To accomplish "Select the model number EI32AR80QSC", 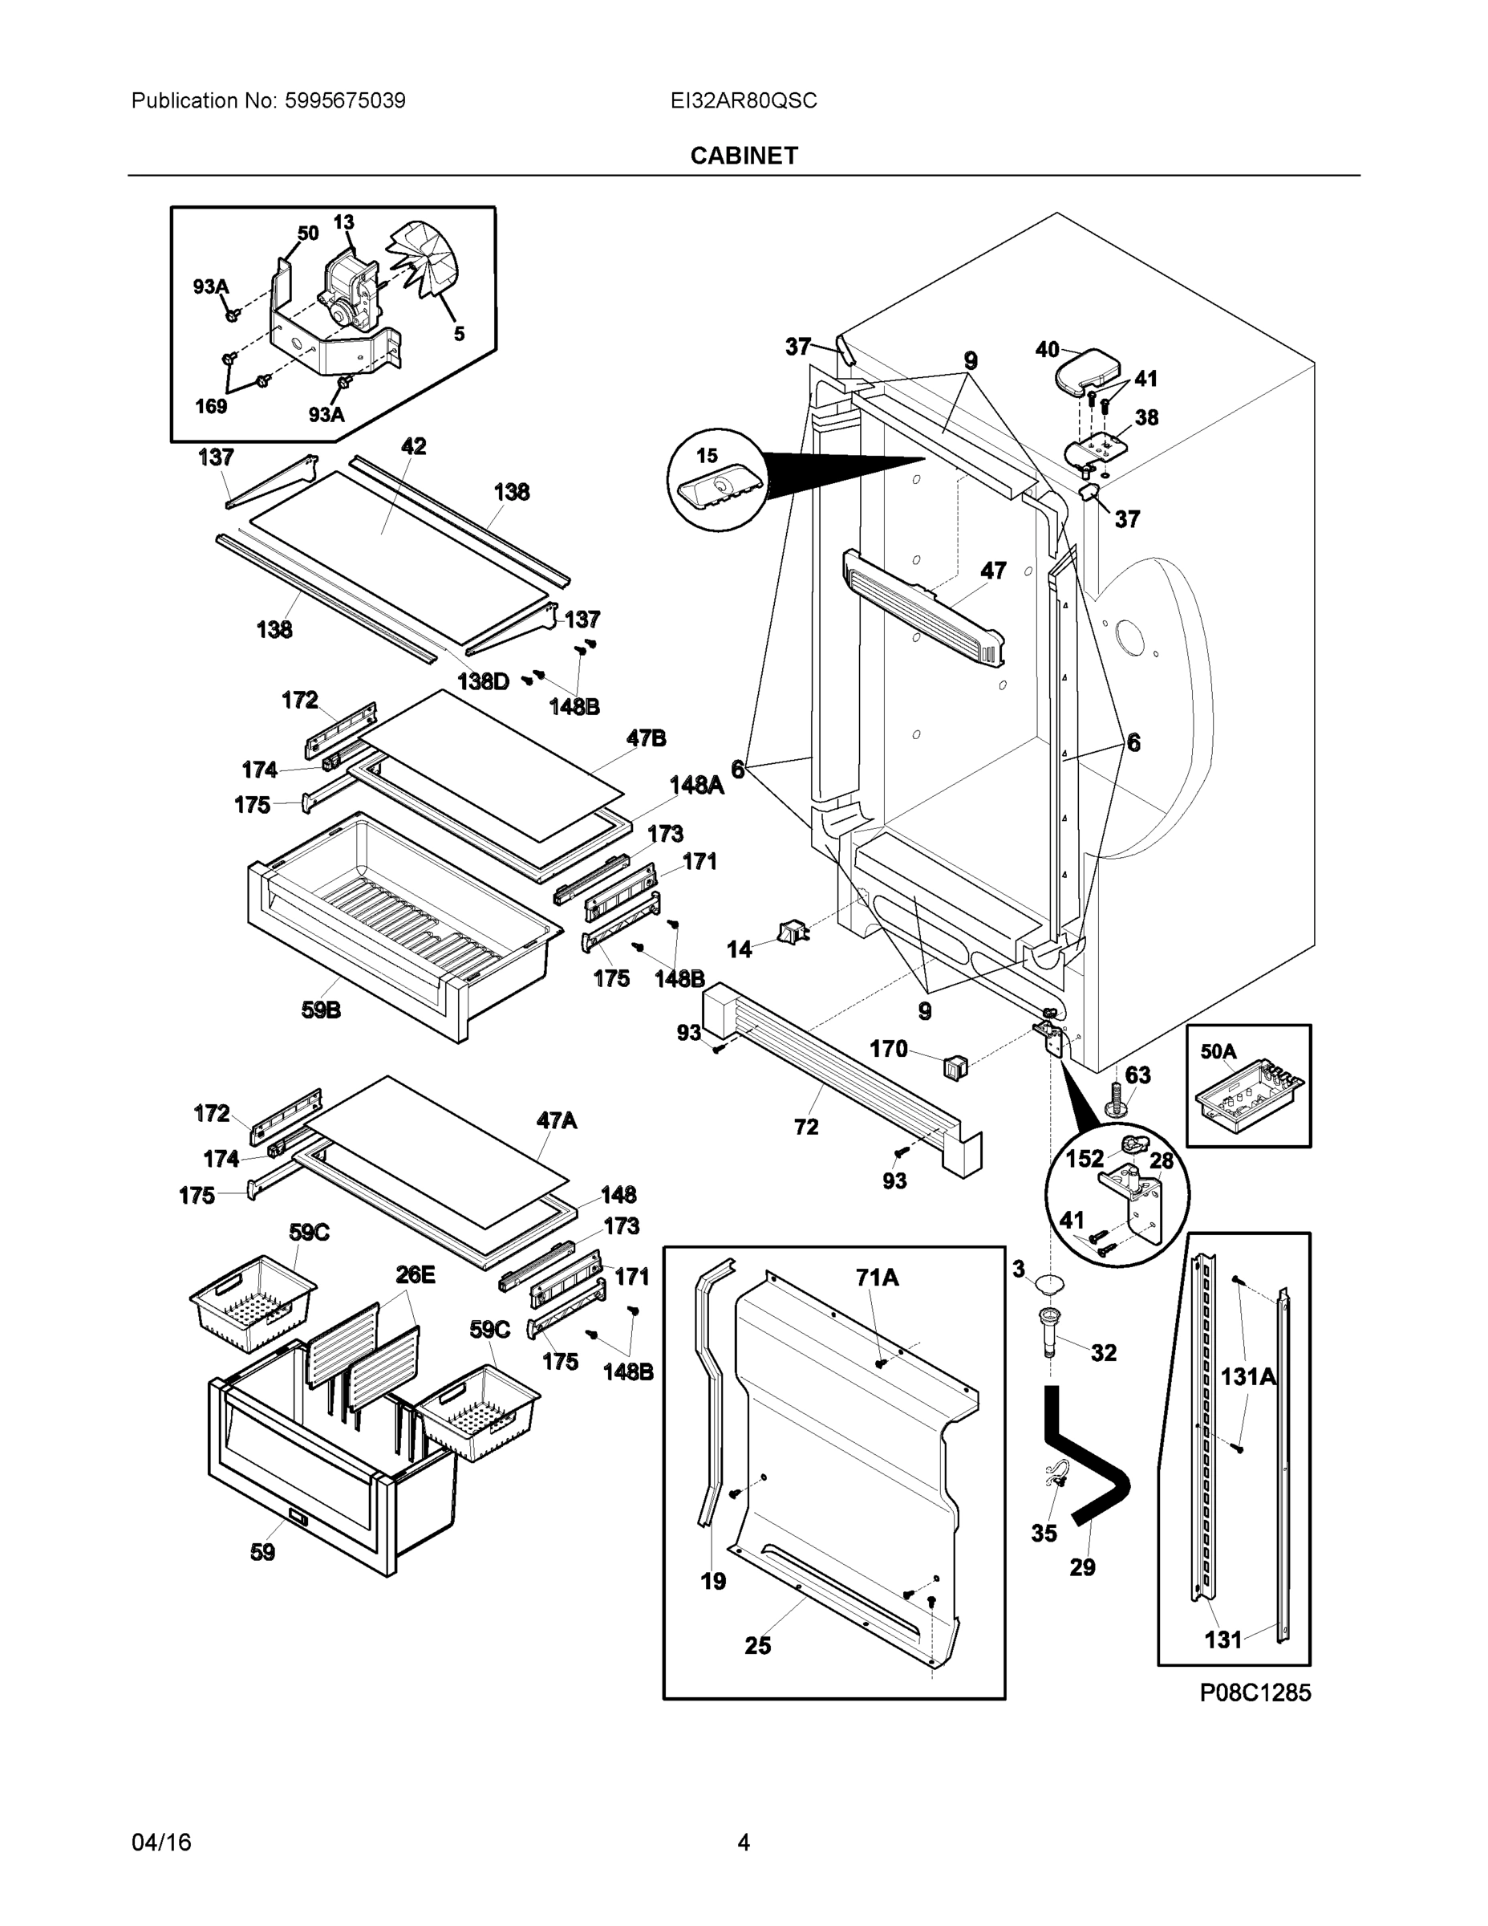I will tap(743, 100).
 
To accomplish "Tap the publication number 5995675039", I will tap(345, 100).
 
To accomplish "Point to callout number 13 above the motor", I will tap(344, 222).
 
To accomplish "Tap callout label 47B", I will tap(647, 738).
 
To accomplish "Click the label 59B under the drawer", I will tap(321, 1010).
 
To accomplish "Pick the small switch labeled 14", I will tap(792, 933).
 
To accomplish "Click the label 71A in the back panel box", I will tap(876, 1278).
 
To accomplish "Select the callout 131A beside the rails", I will tap(1247, 1376).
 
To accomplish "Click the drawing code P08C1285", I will tap(1255, 1693).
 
